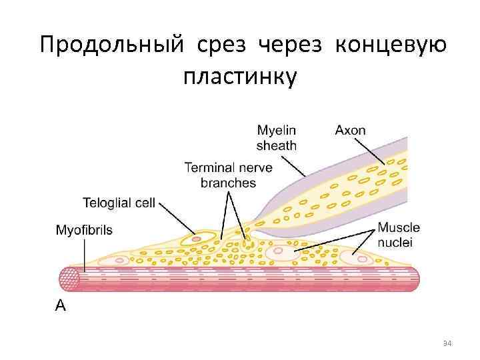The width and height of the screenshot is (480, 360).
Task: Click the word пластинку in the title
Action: (240, 78)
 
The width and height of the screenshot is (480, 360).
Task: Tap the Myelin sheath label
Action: (277, 137)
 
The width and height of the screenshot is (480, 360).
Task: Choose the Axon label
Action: (350, 131)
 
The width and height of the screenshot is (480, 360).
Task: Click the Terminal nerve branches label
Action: (228, 175)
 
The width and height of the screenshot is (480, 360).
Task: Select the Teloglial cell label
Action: (119, 202)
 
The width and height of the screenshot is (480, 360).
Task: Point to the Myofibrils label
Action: (84, 230)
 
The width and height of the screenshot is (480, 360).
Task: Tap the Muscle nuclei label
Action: (399, 235)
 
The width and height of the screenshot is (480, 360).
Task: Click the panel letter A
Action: (60, 306)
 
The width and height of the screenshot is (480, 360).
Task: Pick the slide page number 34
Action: (447, 343)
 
